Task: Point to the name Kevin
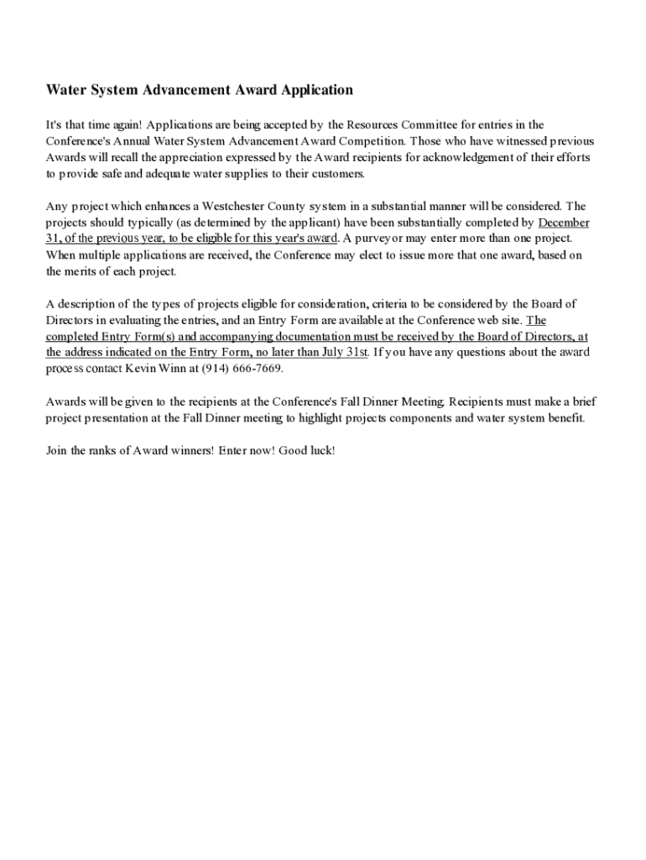(x=140, y=368)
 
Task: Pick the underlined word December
(x=564, y=223)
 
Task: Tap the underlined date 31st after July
(x=355, y=352)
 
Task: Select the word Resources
(x=377, y=125)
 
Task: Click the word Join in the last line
(x=56, y=451)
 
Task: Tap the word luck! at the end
(x=321, y=451)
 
